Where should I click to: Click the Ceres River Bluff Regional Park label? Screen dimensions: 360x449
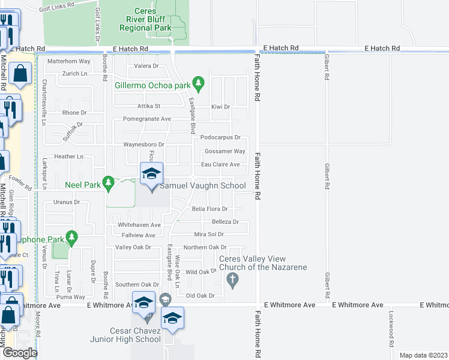click(145, 19)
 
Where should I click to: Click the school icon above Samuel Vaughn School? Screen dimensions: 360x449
click(151, 175)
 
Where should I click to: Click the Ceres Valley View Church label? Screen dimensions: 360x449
click(263, 263)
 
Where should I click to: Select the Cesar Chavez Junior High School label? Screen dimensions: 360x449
click(126, 335)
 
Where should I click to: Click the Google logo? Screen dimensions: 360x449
click(19, 353)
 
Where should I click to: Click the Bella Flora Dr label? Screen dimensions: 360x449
click(209, 209)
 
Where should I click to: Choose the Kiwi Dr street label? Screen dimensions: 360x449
click(220, 107)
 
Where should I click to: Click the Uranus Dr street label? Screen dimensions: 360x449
click(66, 202)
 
